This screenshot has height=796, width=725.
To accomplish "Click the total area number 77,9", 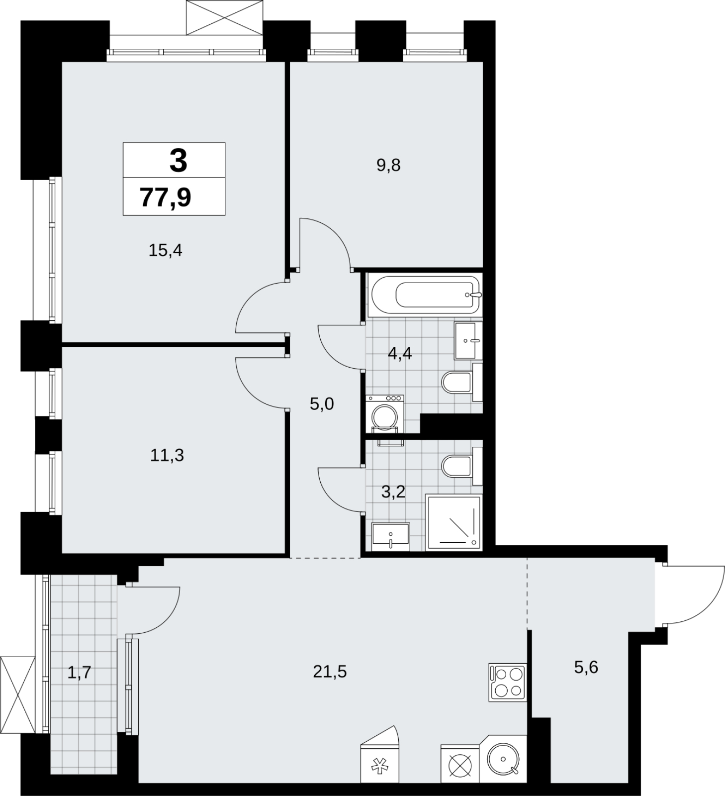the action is pyautogui.click(x=166, y=198).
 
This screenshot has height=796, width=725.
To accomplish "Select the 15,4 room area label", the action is pyautogui.click(x=166, y=250).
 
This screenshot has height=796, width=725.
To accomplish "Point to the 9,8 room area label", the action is pyautogui.click(x=388, y=165).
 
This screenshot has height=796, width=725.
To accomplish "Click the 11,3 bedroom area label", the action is pyautogui.click(x=167, y=455).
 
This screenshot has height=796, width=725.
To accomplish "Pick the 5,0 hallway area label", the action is pyautogui.click(x=322, y=404).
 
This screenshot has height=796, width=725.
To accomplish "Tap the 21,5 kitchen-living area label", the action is pyautogui.click(x=330, y=672).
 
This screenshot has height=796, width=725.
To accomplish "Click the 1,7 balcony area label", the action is pyautogui.click(x=79, y=673).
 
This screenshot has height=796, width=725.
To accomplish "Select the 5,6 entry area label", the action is pyautogui.click(x=586, y=667).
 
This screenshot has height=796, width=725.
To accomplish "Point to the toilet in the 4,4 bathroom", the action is pyautogui.click(x=462, y=382).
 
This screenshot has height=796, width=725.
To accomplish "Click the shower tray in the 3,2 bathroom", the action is pyautogui.click(x=454, y=522).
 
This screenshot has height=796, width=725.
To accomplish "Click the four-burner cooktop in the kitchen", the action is pyautogui.click(x=507, y=683).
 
